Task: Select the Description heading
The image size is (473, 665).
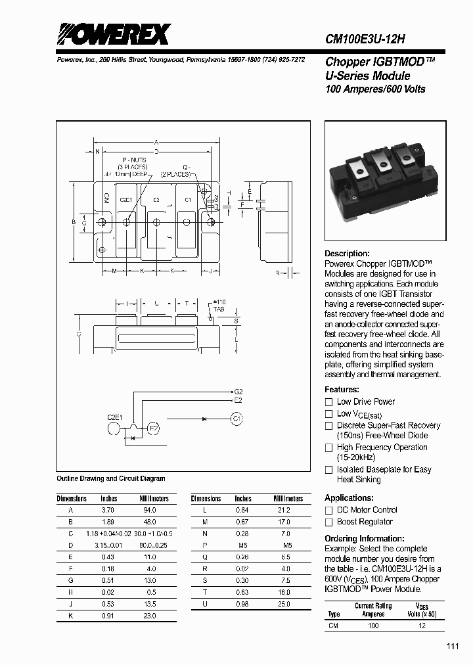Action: pos(347,254)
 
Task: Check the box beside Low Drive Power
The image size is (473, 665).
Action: pos(329,401)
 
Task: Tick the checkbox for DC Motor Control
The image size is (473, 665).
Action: pos(329,510)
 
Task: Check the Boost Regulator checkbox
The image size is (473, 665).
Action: pos(329,522)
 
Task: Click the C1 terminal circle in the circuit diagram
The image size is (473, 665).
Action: pos(236,418)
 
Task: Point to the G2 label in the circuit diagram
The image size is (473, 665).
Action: pos(238,392)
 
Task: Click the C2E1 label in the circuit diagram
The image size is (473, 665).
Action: pos(116,417)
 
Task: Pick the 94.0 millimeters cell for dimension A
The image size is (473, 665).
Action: pos(150,510)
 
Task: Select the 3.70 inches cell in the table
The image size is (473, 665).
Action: pos(108,510)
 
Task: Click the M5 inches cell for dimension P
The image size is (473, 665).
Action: pos(243,545)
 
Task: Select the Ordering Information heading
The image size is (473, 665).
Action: pos(364,538)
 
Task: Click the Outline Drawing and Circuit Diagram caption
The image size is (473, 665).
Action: pos(111,478)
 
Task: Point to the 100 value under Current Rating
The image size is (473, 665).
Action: pos(372,626)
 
